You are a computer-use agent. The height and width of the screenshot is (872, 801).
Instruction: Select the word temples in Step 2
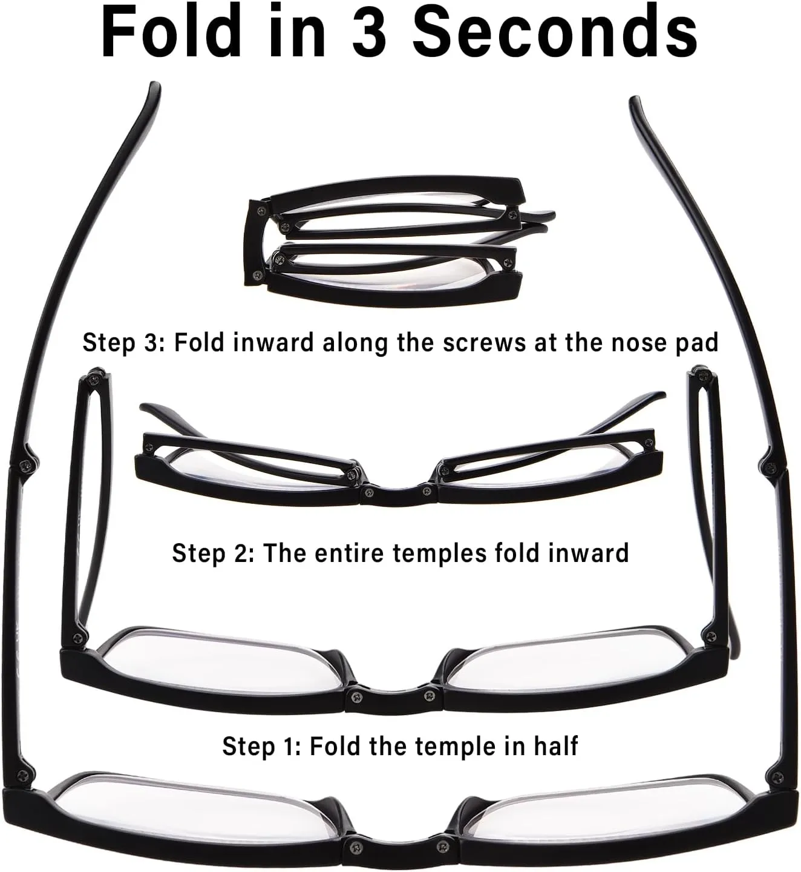(x=439, y=553)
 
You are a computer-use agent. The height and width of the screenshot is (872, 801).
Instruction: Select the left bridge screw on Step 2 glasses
(x=369, y=492)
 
